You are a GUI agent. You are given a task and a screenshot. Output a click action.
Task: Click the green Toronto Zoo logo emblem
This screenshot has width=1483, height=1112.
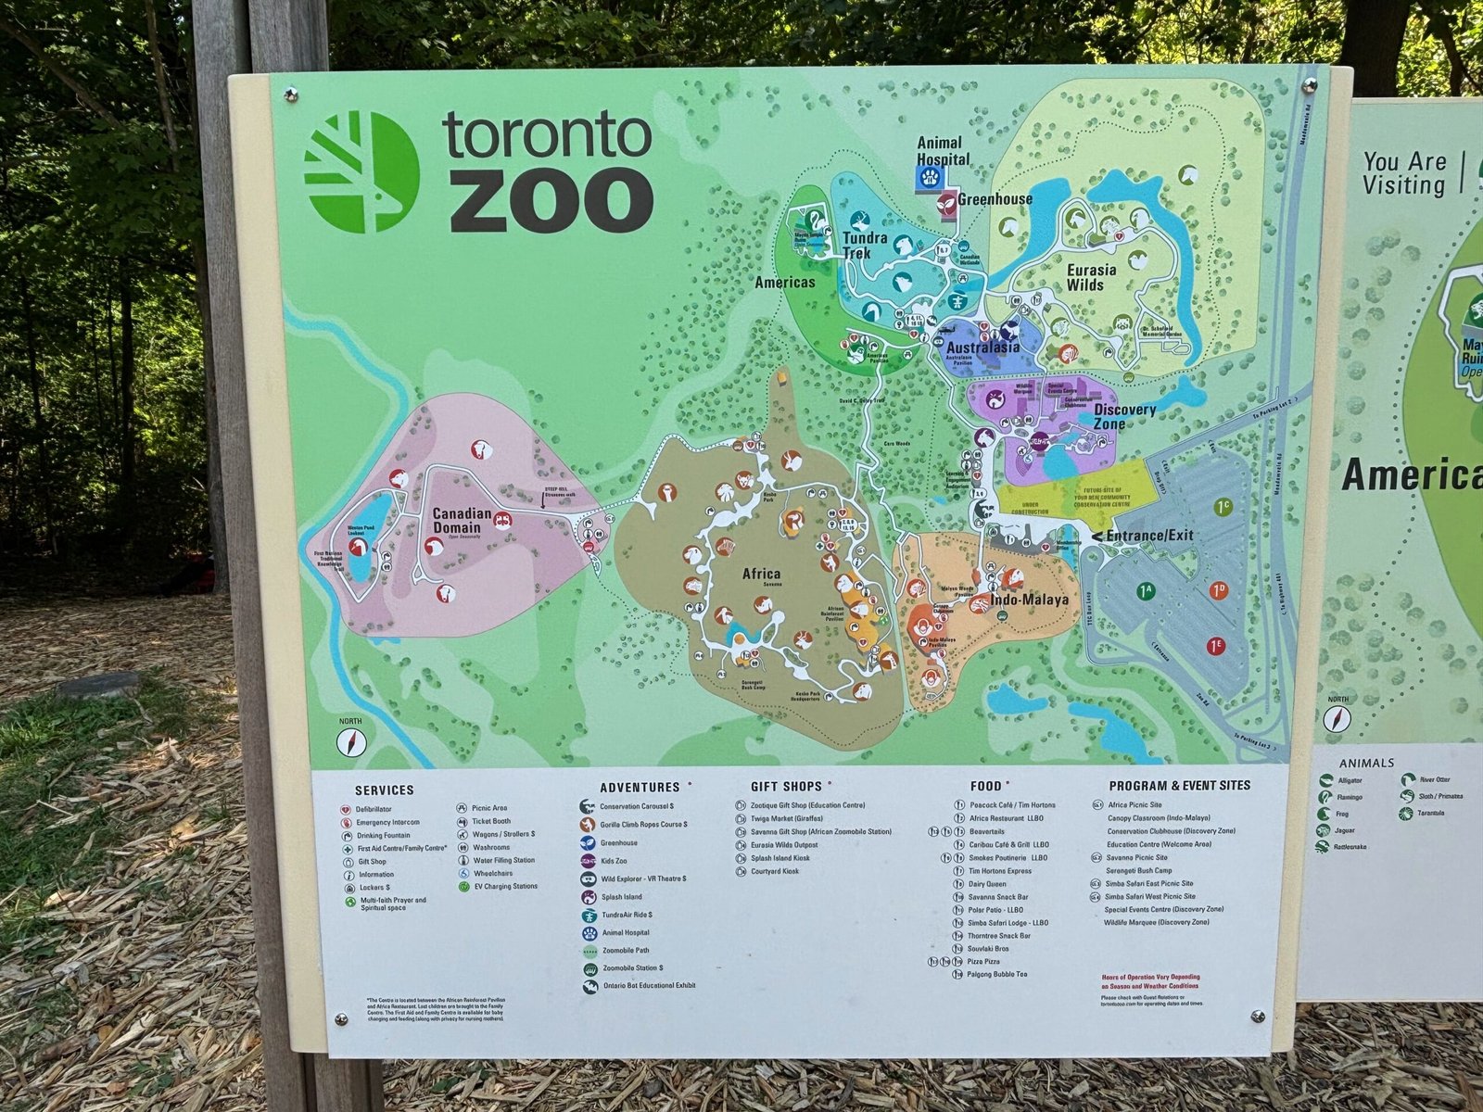[361, 172]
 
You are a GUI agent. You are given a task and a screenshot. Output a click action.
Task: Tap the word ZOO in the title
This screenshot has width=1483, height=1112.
[551, 203]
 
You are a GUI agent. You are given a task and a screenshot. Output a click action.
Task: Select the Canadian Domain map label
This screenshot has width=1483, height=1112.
[462, 522]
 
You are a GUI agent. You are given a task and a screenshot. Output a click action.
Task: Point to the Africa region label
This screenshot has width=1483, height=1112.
[761, 574]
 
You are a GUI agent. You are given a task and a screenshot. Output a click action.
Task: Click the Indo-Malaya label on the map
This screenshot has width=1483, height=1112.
[1030, 600]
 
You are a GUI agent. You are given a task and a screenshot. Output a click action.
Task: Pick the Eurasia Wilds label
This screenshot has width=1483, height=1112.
[1091, 277]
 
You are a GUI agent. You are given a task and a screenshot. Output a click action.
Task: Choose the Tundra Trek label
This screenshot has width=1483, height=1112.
[865, 245]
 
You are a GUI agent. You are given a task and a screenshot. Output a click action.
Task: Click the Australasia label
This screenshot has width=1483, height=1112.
[982, 347]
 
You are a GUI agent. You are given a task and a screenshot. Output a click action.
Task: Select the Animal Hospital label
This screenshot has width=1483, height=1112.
[944, 151]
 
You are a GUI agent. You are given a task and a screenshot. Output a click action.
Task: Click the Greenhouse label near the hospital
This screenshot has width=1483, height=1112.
[995, 198]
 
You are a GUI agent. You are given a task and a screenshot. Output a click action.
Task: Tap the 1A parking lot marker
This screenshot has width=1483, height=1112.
[1146, 589]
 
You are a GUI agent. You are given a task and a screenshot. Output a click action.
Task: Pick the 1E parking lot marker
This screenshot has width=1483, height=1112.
[1216, 646]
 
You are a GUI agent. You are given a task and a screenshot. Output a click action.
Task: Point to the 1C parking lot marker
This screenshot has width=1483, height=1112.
[1223, 507]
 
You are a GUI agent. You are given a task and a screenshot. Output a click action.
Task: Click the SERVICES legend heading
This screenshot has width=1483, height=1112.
[384, 790]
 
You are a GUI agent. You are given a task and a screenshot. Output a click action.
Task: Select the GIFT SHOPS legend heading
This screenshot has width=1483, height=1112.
[786, 786]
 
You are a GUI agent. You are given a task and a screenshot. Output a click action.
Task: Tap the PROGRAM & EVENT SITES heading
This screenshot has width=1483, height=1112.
[1179, 786]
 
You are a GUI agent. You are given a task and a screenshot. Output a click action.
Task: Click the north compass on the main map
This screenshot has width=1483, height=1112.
[352, 740]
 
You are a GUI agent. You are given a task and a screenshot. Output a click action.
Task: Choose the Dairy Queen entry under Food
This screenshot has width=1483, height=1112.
[987, 884]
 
